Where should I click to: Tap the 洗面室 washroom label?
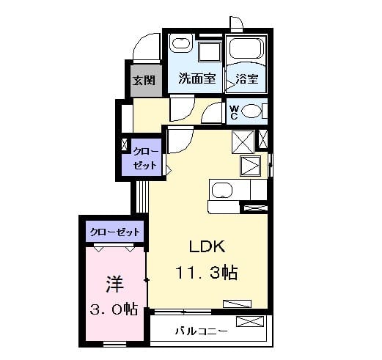point(196,80)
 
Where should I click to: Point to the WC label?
point(234,111)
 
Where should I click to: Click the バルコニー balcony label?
point(200,331)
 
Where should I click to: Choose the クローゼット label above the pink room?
point(114,232)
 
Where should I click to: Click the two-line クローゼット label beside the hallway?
point(144,158)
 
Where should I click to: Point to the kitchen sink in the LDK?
point(221,192)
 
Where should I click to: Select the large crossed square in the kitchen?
point(243,141)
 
